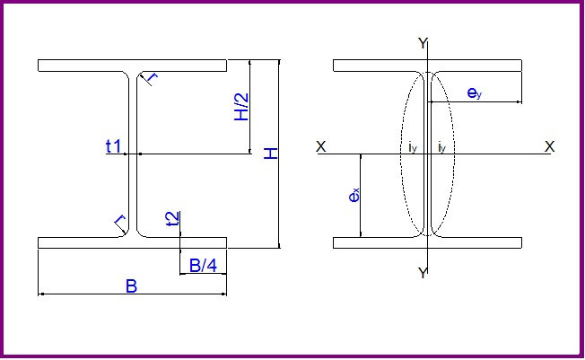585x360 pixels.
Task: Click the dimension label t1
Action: click(x=114, y=146)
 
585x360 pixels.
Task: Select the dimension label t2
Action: click(x=172, y=217)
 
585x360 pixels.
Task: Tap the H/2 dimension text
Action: click(x=240, y=107)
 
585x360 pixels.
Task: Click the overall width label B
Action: click(x=131, y=286)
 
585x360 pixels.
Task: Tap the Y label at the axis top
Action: click(x=423, y=43)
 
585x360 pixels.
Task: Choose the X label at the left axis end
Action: click(x=321, y=146)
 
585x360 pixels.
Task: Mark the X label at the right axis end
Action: click(x=549, y=146)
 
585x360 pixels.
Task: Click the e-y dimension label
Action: click(x=476, y=92)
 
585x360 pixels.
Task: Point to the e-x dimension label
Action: click(x=354, y=195)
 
